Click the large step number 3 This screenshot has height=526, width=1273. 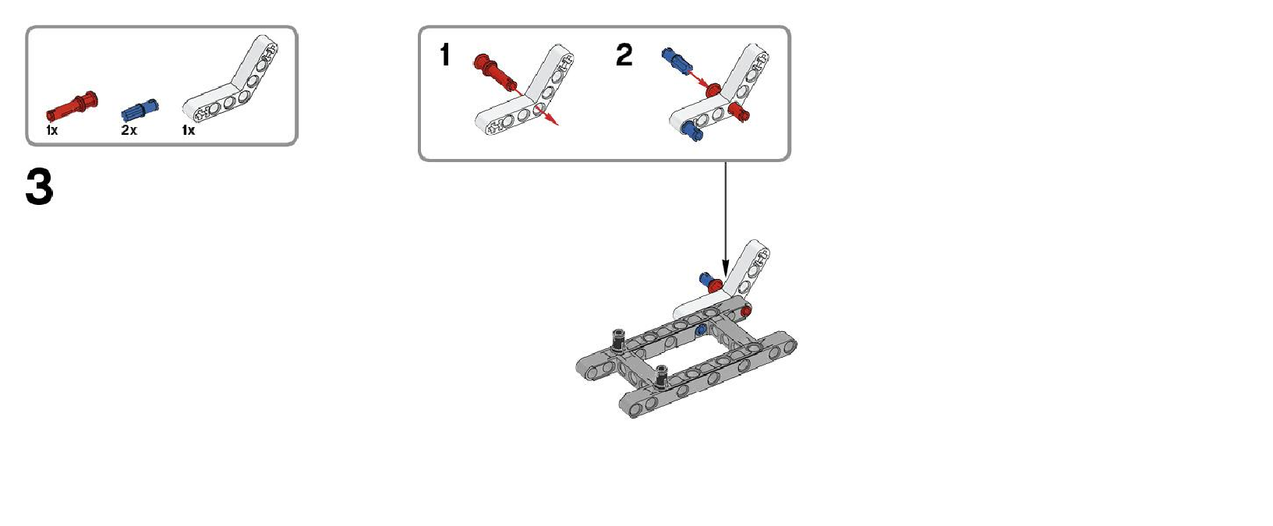(39, 187)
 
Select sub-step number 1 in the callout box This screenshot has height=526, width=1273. (445, 55)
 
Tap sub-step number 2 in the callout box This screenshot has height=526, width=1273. (624, 55)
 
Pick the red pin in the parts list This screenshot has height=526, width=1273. (72, 106)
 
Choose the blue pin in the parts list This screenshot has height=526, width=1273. (140, 111)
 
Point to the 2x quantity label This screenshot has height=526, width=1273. (129, 130)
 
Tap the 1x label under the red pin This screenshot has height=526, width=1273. (52, 130)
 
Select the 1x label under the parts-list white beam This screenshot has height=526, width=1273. (188, 130)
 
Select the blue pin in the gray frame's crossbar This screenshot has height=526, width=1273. (700, 330)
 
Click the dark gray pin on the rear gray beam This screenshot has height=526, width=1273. (619, 340)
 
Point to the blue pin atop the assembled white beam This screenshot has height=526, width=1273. (706, 279)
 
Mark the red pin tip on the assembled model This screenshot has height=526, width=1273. (746, 312)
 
